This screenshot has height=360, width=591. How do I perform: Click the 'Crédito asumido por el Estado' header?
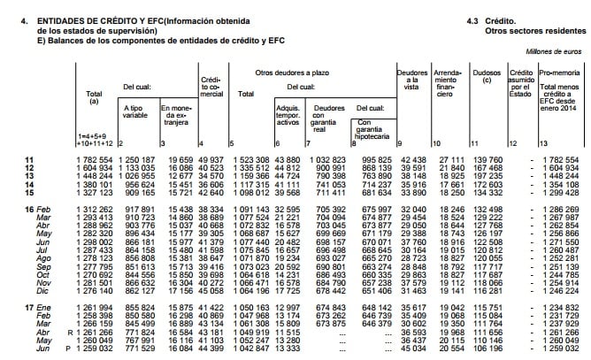(521, 81)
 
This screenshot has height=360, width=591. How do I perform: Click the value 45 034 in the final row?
(413, 352)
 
